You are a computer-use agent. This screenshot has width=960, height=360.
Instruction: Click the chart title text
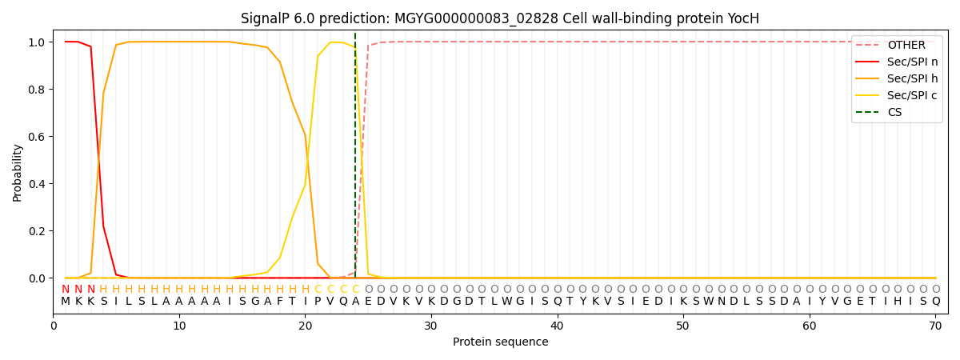coord(500,18)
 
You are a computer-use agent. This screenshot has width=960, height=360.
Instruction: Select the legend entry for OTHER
coord(906,46)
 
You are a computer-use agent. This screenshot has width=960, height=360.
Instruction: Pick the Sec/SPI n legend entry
coord(912,62)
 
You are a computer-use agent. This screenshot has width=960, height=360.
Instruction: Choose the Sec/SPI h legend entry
coord(912,79)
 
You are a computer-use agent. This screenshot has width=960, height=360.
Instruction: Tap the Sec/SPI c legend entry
coord(912,96)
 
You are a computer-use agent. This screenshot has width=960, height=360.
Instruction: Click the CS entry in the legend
coord(894,113)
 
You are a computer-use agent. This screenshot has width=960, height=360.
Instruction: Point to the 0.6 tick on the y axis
coord(38,137)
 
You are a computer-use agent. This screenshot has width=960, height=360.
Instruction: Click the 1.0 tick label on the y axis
coord(38,42)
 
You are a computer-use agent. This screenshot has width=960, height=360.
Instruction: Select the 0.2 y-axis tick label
coord(38,231)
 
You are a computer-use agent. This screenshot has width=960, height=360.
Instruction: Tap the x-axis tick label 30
coord(431,326)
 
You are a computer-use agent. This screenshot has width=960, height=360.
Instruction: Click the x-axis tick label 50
coord(683,326)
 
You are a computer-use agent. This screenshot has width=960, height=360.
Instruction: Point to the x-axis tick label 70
coord(935,326)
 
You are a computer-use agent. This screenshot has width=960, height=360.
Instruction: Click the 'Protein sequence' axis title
coord(500,342)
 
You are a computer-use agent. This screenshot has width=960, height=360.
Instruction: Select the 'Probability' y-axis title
coord(18,173)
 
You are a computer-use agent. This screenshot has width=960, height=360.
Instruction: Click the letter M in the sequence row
coord(66,302)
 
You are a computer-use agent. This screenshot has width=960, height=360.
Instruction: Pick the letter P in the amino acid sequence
coord(318,302)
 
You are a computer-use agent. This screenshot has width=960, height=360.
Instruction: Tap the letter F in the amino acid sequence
coord(280,302)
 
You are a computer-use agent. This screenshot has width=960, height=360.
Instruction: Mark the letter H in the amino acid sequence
coord(910,302)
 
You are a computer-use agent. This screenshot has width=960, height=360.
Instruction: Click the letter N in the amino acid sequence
coord(721,302)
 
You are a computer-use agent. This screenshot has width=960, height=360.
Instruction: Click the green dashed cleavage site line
coord(355,160)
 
